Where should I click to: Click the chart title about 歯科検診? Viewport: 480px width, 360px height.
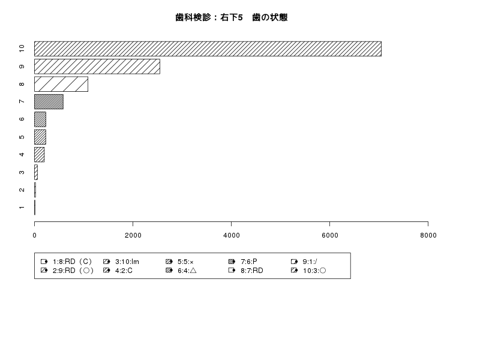[x=232, y=17]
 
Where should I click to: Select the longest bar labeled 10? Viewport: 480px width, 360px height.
[x=208, y=49]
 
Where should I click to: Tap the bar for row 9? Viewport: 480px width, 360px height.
[x=97, y=67]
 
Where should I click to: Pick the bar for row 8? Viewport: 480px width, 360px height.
[x=61, y=84]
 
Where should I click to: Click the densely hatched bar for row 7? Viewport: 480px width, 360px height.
[x=49, y=101]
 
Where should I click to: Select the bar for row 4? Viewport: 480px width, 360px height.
[x=40, y=155]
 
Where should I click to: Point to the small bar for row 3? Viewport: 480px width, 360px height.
[x=36, y=172]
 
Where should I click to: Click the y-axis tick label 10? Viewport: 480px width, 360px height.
[x=22, y=49]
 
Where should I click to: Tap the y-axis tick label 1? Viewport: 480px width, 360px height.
[x=22, y=208]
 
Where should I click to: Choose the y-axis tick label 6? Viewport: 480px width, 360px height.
[x=22, y=119]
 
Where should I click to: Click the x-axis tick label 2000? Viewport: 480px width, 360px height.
[x=133, y=235]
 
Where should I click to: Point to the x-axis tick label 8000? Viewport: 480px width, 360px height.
[x=428, y=235]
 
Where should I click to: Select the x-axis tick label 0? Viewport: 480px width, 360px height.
[x=34, y=235]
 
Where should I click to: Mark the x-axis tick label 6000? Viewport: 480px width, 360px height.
[x=329, y=235]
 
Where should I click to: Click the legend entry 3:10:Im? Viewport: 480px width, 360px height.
[x=121, y=262]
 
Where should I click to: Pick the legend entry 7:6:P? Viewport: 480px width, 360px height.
[x=243, y=262]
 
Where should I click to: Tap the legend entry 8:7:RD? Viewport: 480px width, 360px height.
[x=246, y=271]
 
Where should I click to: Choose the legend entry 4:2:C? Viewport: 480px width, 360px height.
[x=118, y=271]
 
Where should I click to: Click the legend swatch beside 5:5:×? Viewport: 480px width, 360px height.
[x=169, y=262]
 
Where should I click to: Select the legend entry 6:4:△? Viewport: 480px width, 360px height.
[x=181, y=271]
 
